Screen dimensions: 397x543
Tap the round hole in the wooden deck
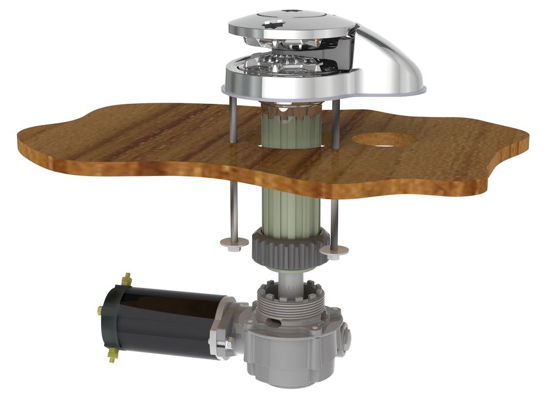pyautogui.click(x=384, y=139)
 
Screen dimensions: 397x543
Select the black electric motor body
pyautogui.click(x=163, y=320)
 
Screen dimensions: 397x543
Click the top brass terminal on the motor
pyautogui.click(x=128, y=279)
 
